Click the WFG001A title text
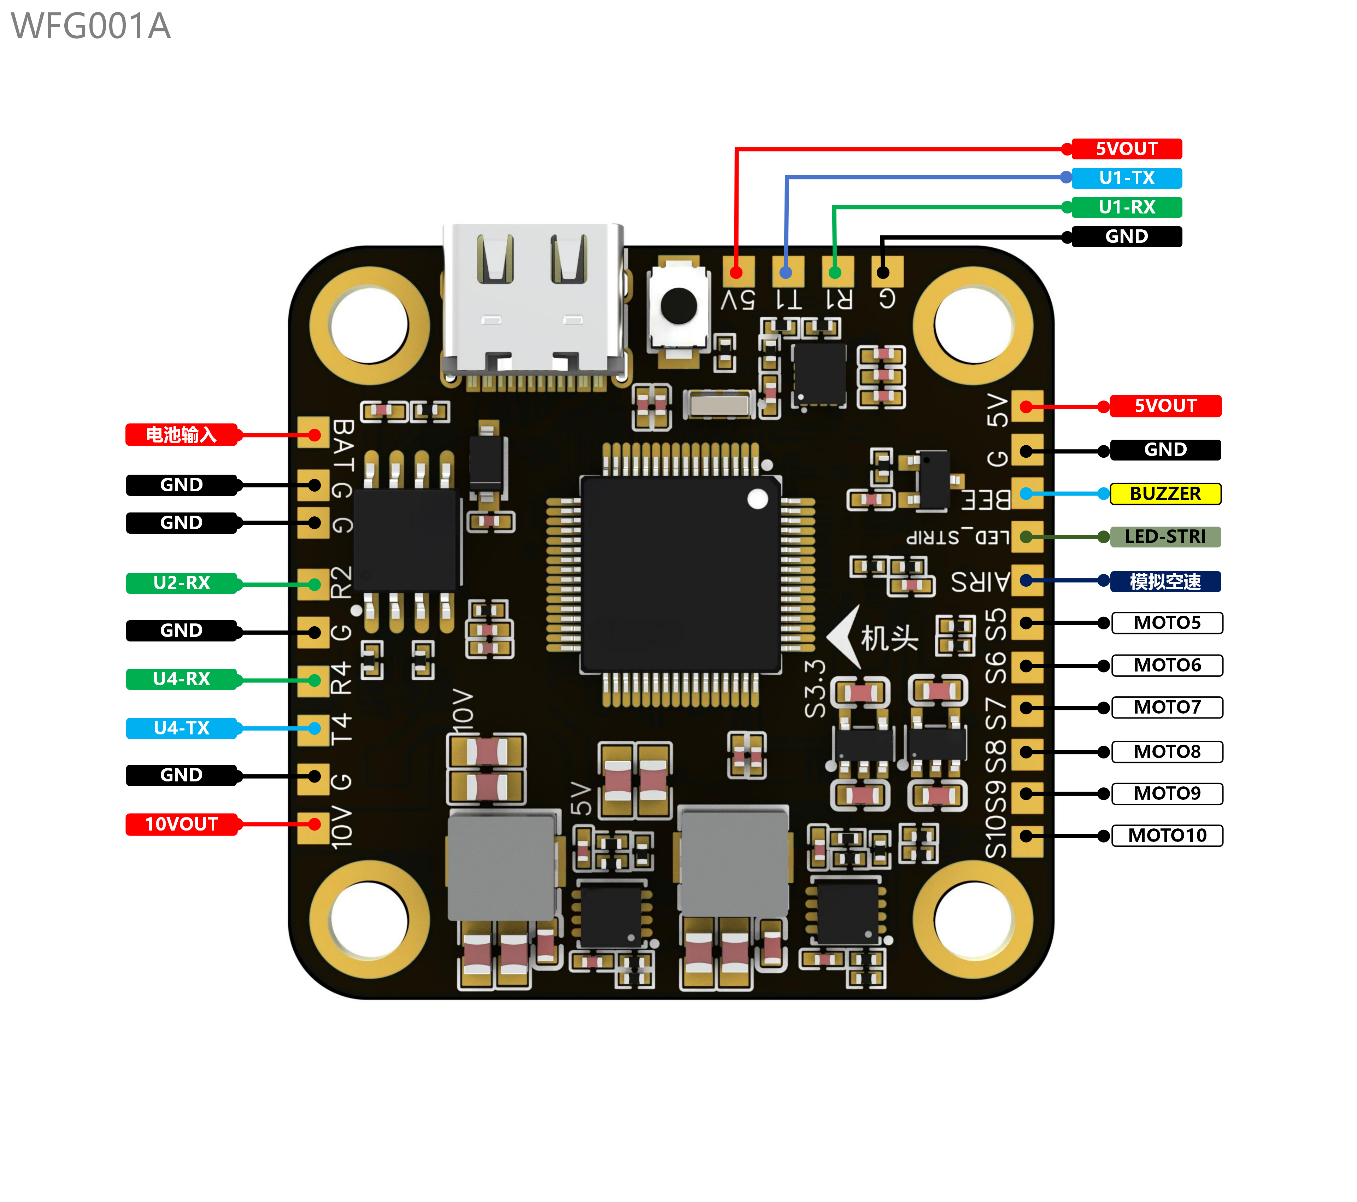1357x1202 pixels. pyautogui.click(x=91, y=27)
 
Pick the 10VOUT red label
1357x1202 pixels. pyautogui.click(x=181, y=824)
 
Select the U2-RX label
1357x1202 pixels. pyautogui.click(x=181, y=583)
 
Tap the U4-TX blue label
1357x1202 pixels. pyautogui.click(x=181, y=728)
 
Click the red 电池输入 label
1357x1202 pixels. pyautogui.click(x=181, y=435)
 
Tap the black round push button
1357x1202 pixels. pyautogui.click(x=678, y=306)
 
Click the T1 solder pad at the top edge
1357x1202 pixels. pyautogui.click(x=787, y=272)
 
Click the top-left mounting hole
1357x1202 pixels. pyautogui.click(x=369, y=326)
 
